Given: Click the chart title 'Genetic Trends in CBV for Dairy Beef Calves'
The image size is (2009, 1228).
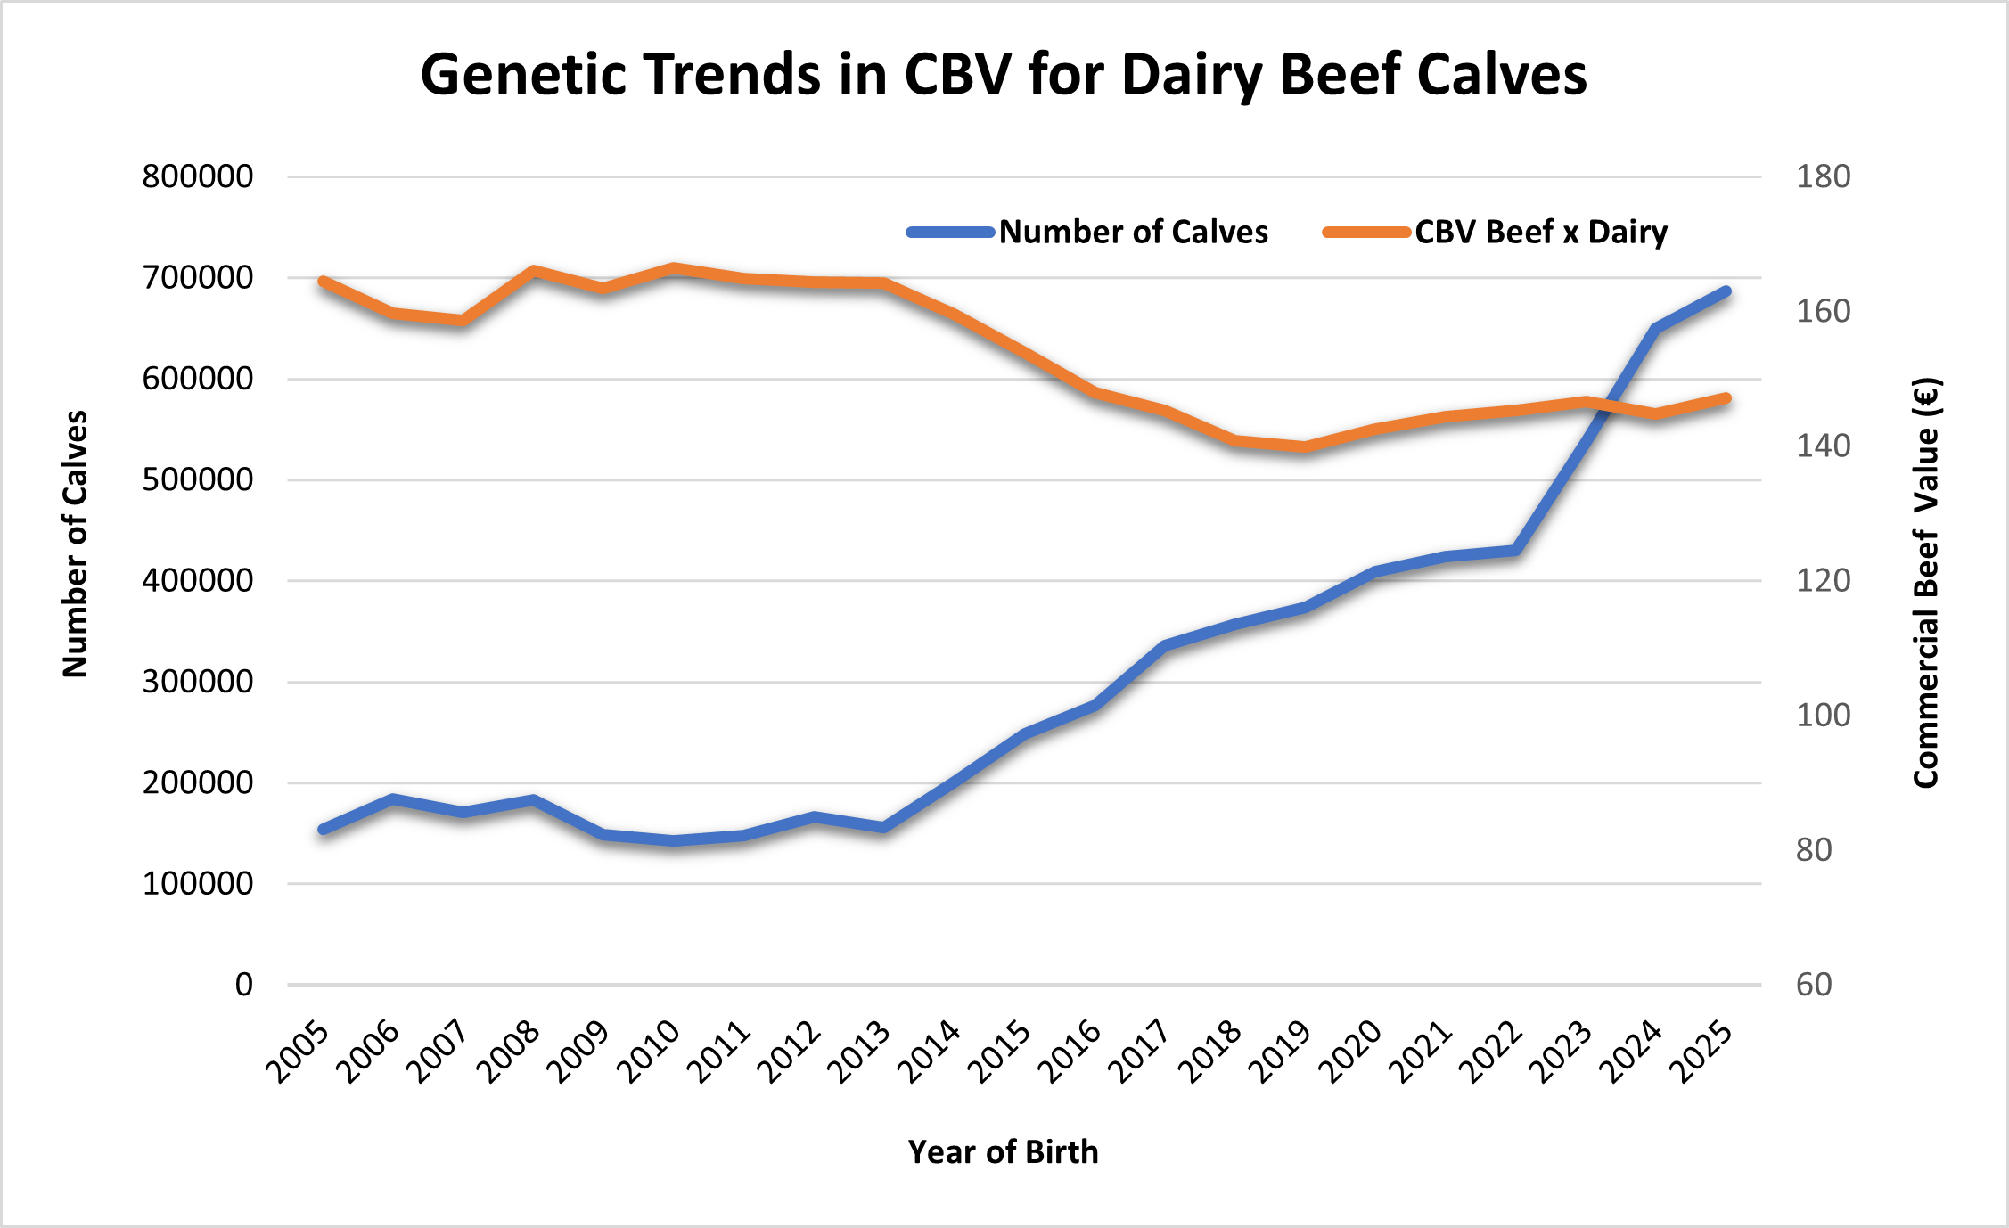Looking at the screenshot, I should (x=1004, y=74).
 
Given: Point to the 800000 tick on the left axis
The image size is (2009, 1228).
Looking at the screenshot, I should (x=198, y=176).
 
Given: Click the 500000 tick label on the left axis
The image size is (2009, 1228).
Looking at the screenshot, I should (x=198, y=479).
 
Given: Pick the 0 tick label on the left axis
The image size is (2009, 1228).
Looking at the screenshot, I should (x=243, y=985).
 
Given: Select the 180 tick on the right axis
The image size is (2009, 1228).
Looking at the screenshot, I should (x=1823, y=176).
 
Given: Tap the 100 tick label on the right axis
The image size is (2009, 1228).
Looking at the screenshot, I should (x=1823, y=715).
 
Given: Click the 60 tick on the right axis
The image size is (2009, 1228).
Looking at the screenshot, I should (x=1814, y=985).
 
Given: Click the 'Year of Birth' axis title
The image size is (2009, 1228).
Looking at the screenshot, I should (x=1003, y=1152).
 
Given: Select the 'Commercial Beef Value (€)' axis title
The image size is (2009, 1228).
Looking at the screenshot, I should (x=1926, y=583).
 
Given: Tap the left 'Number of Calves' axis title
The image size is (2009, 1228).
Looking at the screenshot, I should (x=75, y=544).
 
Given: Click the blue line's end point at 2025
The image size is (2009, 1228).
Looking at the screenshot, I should (x=1726, y=291).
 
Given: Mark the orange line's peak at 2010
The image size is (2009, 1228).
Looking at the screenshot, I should (x=675, y=267).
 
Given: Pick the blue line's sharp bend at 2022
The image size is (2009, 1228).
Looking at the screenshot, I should (x=1516, y=551).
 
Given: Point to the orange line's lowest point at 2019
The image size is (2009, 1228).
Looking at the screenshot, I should (x=1306, y=446).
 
